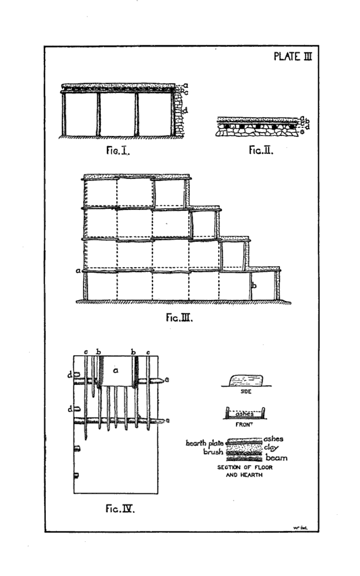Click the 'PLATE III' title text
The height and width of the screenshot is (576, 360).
293,56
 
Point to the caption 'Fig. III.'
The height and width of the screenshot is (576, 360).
179,317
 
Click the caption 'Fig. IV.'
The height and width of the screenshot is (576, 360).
119,509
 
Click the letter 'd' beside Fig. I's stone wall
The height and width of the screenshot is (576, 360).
185,111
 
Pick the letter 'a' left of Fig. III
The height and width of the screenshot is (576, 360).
78,271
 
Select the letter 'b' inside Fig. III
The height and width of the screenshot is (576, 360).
254,286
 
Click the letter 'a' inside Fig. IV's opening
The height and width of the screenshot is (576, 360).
116,370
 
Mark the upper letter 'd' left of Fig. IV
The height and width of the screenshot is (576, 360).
70,374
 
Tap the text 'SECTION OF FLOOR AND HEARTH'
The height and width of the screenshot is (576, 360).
244,470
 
